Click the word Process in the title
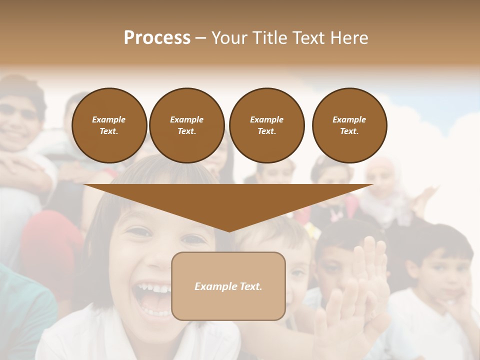pyautogui.click(x=157, y=38)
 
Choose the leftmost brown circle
pyautogui.click(x=109, y=125)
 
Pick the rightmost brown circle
pyautogui.click(x=349, y=125)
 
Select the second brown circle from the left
pyautogui.click(x=186, y=125)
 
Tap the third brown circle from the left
pyautogui.click(x=266, y=125)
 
